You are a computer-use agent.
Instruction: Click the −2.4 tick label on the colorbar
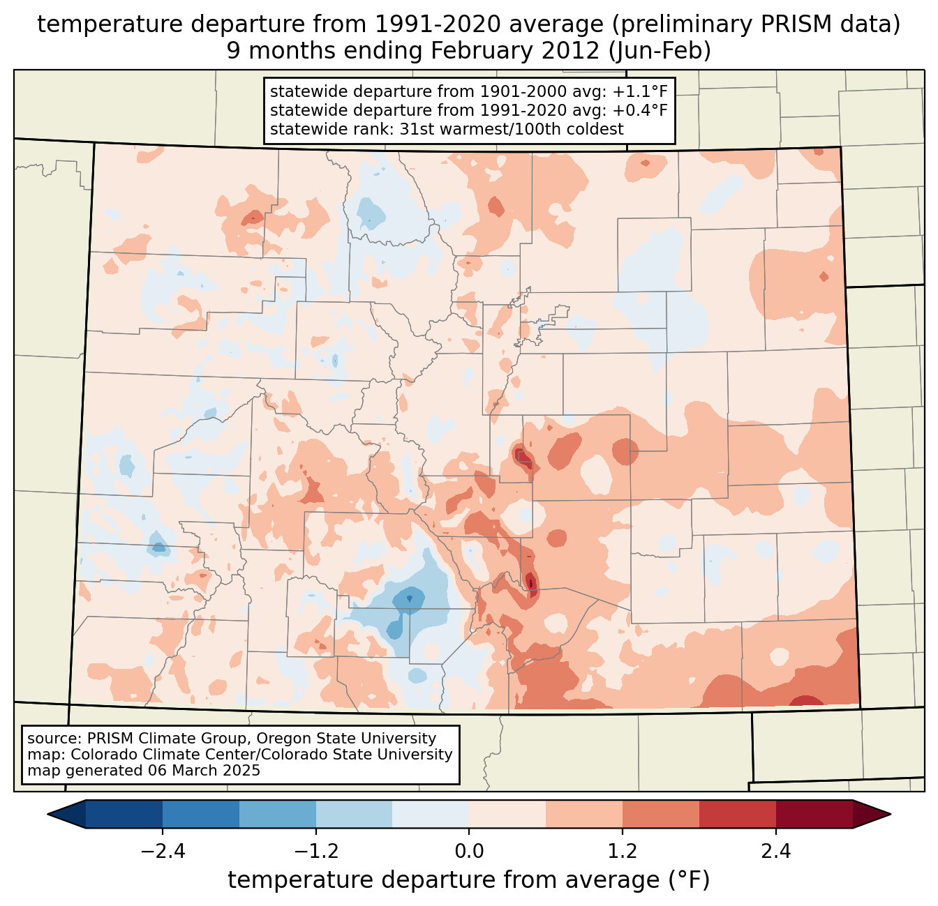pos(162,852)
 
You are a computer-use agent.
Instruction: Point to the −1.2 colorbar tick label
pos(315,852)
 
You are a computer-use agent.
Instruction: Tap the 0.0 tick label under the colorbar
pos(469,852)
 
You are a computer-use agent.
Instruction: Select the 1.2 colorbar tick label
pos(623,852)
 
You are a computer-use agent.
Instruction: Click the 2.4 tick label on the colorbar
pos(775,852)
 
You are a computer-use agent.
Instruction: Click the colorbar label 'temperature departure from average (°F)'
pos(469,880)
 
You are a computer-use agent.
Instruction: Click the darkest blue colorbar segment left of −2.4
pos(124,814)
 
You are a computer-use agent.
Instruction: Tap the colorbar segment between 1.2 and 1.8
pos(660,814)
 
